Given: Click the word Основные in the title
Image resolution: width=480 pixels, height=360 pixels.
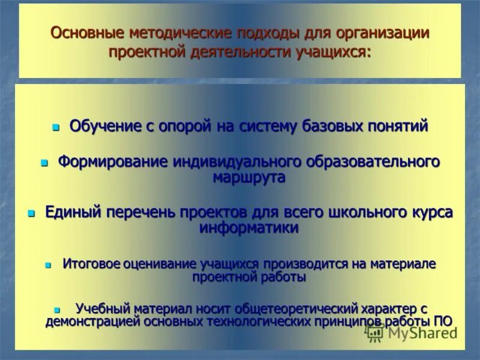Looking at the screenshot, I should click(79, 32).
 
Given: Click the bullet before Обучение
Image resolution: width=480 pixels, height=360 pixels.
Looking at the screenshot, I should click(56, 128).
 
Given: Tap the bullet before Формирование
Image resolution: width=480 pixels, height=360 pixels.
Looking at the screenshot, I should click(44, 163).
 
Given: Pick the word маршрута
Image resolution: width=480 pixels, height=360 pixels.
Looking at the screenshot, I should click(248, 177).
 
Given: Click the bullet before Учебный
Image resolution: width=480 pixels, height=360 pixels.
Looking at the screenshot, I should click(57, 310).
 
